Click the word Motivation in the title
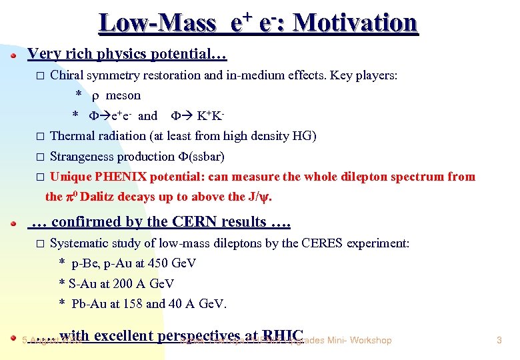click(355, 23)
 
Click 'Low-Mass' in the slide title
click(157, 23)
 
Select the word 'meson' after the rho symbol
click(123, 95)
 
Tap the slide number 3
click(499, 341)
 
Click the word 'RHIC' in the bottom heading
click(283, 336)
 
